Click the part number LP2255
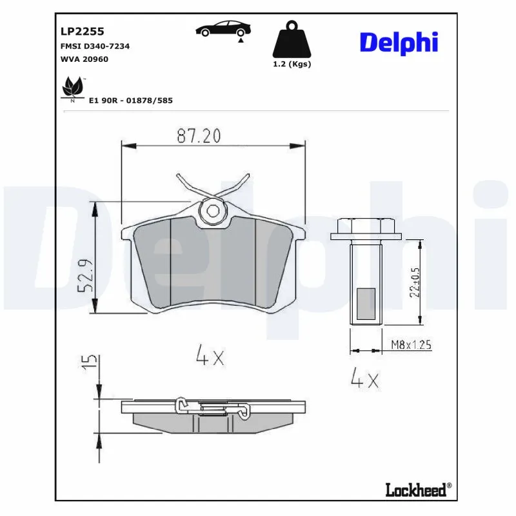pyautogui.click(x=83, y=30)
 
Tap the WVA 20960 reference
pyautogui.click(x=84, y=59)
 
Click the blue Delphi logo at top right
pyautogui.click(x=399, y=43)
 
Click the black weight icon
pyautogui.click(x=292, y=41)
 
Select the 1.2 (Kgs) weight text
pyautogui.click(x=292, y=64)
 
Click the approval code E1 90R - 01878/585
pyautogui.click(x=130, y=101)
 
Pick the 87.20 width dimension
pyautogui.click(x=199, y=136)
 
